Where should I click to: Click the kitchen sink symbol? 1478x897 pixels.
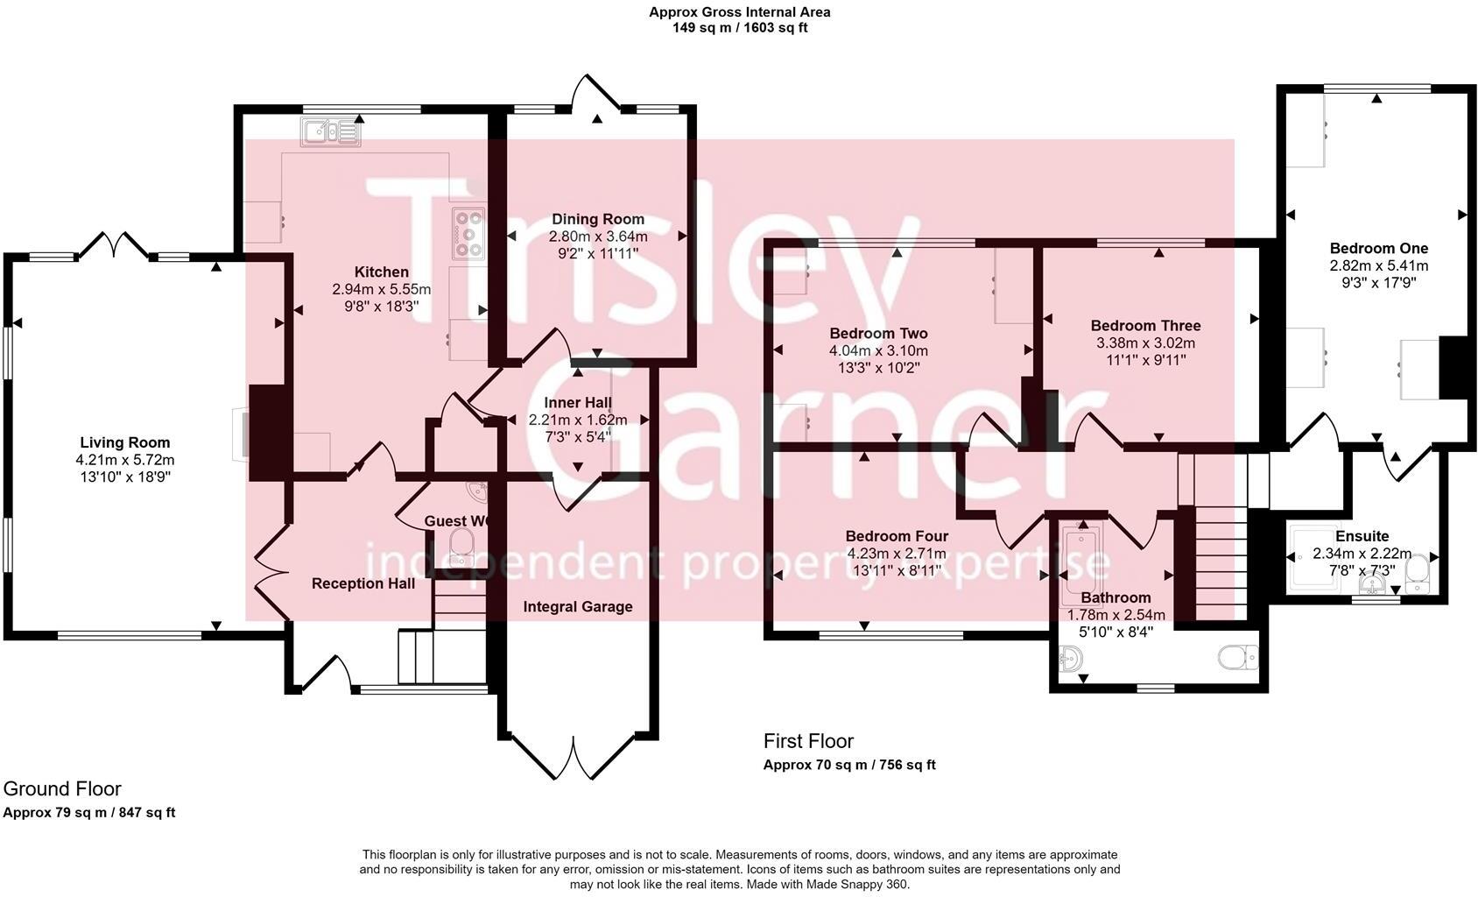[x=330, y=132]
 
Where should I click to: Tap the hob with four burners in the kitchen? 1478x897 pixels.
[x=468, y=234]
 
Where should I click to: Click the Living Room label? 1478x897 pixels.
[x=125, y=442]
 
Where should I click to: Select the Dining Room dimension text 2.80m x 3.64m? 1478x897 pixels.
[x=598, y=237]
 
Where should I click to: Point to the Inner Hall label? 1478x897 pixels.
[x=578, y=403]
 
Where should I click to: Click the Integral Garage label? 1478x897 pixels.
[x=578, y=606]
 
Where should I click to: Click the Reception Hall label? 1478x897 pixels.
[x=363, y=583]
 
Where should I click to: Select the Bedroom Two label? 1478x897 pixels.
[x=878, y=333]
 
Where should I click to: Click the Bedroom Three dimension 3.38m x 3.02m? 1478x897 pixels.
[x=1145, y=343]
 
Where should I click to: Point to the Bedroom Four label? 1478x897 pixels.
[x=897, y=536]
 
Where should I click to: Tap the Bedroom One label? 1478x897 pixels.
[x=1378, y=248]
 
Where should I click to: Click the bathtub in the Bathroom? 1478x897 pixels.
[x=1073, y=565]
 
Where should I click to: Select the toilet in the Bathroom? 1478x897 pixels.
[x=1238, y=657]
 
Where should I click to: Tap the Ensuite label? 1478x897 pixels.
[x=1362, y=536]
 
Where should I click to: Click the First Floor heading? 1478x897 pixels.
[x=808, y=741]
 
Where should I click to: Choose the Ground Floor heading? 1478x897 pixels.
[x=62, y=788]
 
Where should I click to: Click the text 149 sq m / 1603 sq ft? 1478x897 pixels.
[x=739, y=27]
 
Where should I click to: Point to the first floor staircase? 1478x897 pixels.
[x=1220, y=561]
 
